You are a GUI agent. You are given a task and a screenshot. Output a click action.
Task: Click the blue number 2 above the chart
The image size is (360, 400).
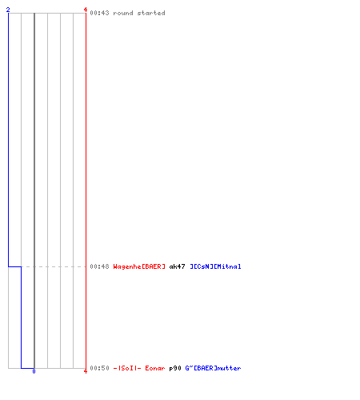pyautogui.click(x=8, y=10)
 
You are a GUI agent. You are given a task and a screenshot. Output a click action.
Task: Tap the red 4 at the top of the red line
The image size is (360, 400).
pyautogui.click(x=86, y=10)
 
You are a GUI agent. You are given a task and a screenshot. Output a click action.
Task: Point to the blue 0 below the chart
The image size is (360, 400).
pyautogui.click(x=34, y=371)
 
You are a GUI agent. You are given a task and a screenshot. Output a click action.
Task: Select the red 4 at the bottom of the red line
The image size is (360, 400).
pyautogui.click(x=86, y=371)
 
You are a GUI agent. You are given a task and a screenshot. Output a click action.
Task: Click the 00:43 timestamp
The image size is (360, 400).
pyautogui.click(x=99, y=13)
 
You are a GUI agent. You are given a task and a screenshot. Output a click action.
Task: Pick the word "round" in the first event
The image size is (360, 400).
pyautogui.click(x=123, y=13)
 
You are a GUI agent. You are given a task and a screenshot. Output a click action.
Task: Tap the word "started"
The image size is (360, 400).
pyautogui.click(x=151, y=13)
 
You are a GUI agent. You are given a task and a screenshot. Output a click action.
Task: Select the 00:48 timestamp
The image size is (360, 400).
pyautogui.click(x=99, y=266)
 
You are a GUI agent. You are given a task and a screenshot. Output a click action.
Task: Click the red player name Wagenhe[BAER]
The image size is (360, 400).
pyautogui.click(x=139, y=266)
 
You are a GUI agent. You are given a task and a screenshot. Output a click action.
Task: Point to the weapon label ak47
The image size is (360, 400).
pyautogui.click(x=177, y=266)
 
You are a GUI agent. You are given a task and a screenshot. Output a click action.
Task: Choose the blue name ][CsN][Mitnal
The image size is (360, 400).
pyautogui.click(x=215, y=266)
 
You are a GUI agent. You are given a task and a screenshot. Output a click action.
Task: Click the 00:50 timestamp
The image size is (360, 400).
pyautogui.click(x=99, y=368)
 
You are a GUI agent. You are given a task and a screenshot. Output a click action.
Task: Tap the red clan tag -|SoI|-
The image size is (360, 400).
pyautogui.click(x=127, y=368)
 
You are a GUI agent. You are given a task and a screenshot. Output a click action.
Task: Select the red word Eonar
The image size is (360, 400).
pyautogui.click(x=155, y=368)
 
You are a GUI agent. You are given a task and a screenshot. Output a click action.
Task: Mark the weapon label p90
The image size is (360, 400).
pyautogui.click(x=175, y=368)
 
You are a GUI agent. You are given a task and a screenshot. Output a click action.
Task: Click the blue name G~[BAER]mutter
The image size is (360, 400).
pyautogui.click(x=213, y=368)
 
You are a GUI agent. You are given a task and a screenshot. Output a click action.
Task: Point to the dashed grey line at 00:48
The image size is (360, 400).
pyautogui.click(x=54, y=266)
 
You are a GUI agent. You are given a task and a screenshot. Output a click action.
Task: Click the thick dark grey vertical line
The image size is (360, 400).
pyautogui.click(x=34, y=190)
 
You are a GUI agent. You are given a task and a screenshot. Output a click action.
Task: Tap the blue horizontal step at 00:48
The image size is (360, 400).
pyautogui.click(x=14, y=266)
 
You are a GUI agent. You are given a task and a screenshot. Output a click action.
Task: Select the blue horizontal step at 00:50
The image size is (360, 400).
pyautogui.click(x=27, y=368)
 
